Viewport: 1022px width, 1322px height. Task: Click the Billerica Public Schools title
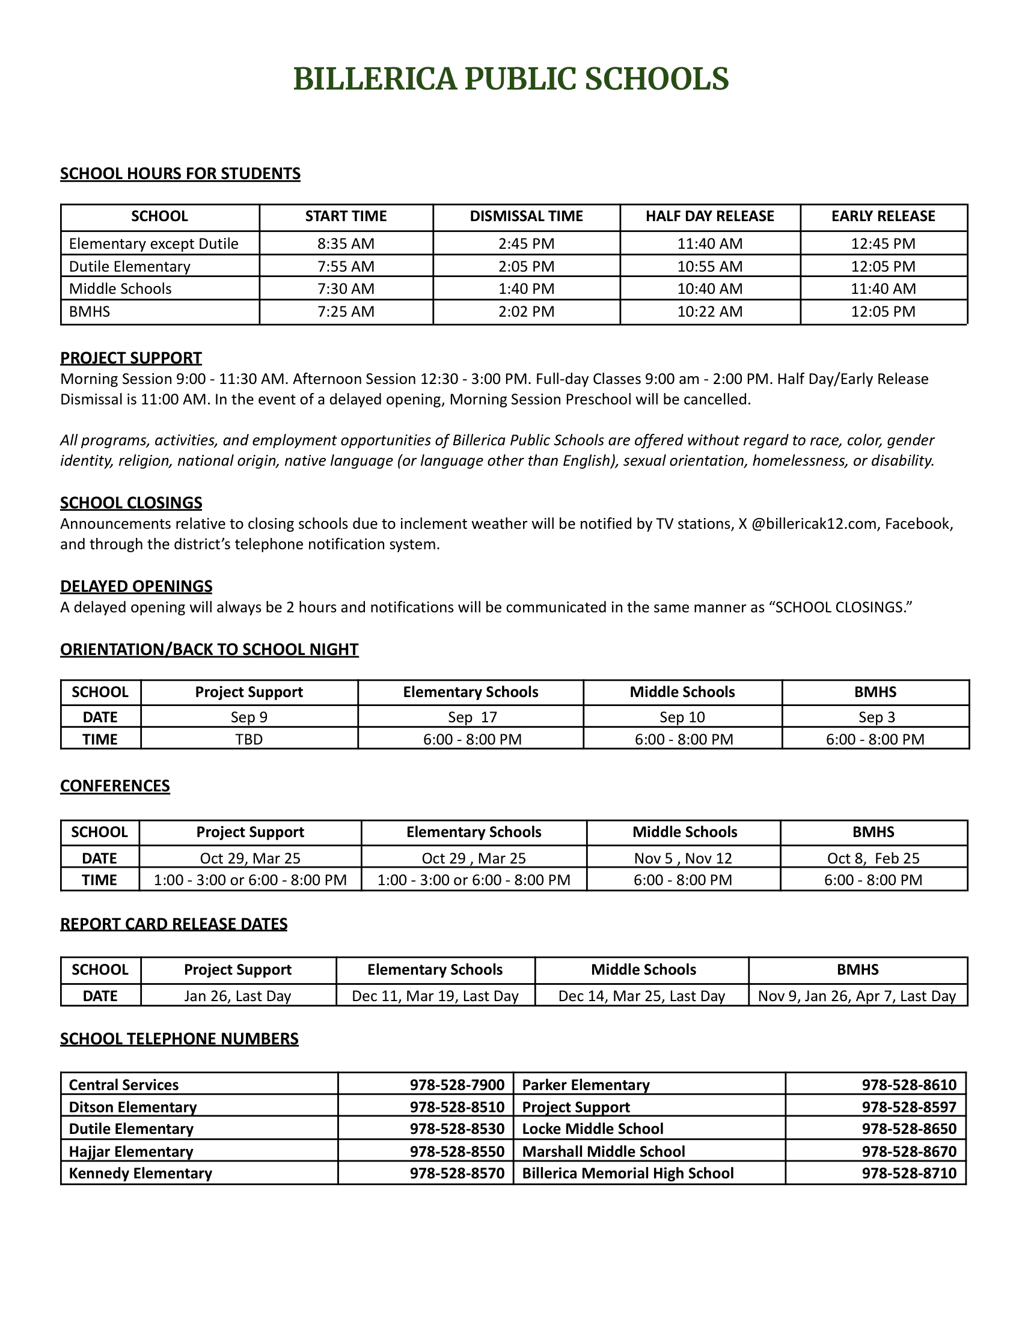[x=511, y=79]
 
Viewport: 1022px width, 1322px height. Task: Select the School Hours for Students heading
[x=180, y=174]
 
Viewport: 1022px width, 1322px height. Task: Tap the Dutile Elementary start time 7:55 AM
[x=346, y=266]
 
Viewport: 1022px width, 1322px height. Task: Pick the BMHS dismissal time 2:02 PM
[x=526, y=312]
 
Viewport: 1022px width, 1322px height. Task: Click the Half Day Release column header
[x=709, y=216]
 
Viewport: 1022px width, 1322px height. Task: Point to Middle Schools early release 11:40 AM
[x=883, y=288]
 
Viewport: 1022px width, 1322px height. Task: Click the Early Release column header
[x=883, y=216]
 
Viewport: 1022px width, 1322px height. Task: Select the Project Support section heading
[x=131, y=358]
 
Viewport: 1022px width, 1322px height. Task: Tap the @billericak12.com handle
[x=815, y=523]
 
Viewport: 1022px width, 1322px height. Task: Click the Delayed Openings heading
[x=136, y=586]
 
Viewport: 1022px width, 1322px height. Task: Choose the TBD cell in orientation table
[x=249, y=739]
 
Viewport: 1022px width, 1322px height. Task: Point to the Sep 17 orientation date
[x=473, y=717]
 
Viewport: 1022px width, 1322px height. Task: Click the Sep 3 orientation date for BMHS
[x=876, y=717]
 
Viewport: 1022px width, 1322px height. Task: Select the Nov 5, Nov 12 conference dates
[x=683, y=858]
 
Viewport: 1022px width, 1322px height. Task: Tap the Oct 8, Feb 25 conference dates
[x=873, y=858]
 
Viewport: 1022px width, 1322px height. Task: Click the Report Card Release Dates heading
[x=174, y=924]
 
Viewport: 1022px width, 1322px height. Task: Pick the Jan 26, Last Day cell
[x=238, y=996]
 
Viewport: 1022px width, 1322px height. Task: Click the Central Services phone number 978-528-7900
[x=457, y=1085]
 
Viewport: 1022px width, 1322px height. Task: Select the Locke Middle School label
[x=593, y=1129]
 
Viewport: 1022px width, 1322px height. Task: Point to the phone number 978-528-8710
[x=910, y=1173]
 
